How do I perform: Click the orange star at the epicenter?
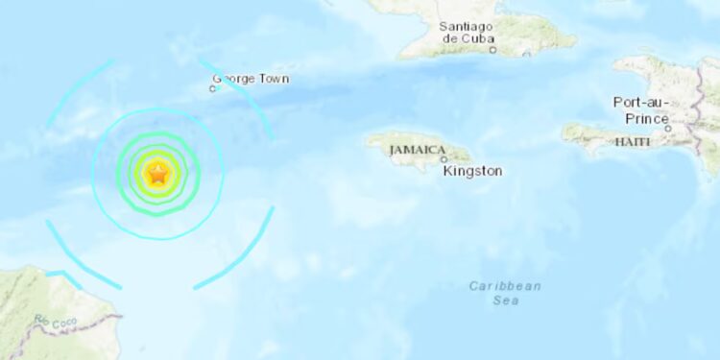[x=158, y=174]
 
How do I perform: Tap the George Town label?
[x=251, y=79]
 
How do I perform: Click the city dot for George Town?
[x=213, y=89]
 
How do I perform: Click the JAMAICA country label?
[x=417, y=150]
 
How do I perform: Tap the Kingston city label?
[x=472, y=171]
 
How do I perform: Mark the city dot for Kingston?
[x=444, y=159]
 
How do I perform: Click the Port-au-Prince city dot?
[x=668, y=128]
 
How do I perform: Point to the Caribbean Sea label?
[x=506, y=293]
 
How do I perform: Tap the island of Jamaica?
[x=422, y=154]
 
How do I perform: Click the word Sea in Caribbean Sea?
[x=506, y=300]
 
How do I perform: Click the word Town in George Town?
[x=271, y=79]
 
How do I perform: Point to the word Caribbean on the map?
[x=506, y=286]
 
